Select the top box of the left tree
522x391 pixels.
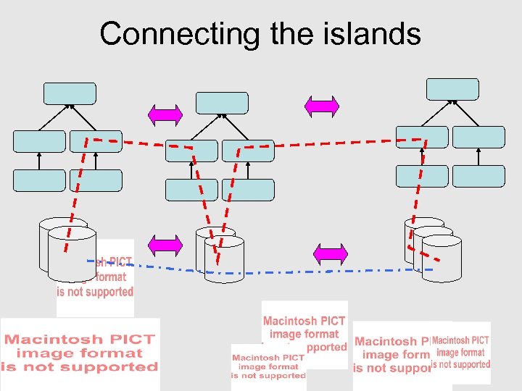click(x=70, y=93)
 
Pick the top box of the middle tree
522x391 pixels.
click(x=222, y=103)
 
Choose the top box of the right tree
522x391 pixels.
click(x=452, y=89)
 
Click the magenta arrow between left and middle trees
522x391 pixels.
click(x=165, y=114)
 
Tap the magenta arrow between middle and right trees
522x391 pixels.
click(x=322, y=106)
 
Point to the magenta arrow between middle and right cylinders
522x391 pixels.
click(x=331, y=253)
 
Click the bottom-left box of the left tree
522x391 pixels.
click(x=39, y=180)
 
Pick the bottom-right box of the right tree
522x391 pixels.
click(x=478, y=175)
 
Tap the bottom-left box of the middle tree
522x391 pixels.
click(x=191, y=190)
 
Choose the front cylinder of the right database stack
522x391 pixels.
click(x=442, y=259)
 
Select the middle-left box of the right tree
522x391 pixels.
click(x=422, y=138)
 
